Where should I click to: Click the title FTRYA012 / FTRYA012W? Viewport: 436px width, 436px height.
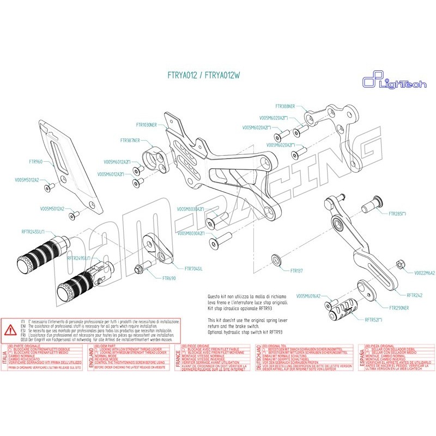click(203, 76)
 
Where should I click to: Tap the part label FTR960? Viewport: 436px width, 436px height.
click(35, 162)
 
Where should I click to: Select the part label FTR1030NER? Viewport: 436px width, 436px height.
click(146, 125)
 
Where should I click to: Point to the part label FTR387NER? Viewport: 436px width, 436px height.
click(130, 140)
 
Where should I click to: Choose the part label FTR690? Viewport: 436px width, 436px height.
click(169, 278)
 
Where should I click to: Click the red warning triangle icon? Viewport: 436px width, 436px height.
click(10, 330)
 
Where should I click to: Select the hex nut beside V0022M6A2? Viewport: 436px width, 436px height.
click(399, 265)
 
